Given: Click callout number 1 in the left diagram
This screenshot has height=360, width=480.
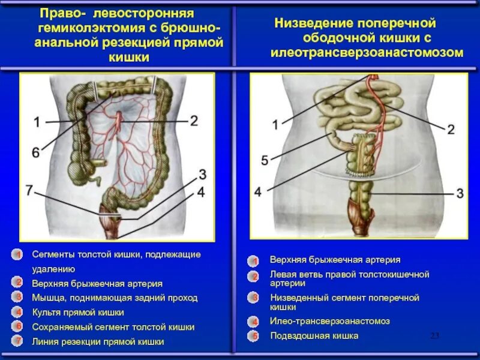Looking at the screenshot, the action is tap(37, 122).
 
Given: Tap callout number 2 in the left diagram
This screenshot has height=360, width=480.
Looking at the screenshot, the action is tap(194, 121).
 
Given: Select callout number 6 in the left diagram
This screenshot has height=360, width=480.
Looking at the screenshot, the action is tap(35, 153).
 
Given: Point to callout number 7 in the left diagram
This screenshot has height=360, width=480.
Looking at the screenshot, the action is tap(29, 190).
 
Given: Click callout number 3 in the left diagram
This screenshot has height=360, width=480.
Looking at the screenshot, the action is tap(202, 175).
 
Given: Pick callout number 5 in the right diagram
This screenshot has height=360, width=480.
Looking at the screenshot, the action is tap(265, 160).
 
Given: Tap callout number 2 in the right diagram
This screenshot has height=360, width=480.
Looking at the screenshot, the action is tap(451, 128).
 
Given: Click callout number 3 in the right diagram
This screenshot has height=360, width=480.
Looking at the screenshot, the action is tap(460, 193).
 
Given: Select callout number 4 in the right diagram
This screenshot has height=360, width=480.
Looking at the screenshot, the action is tap(257, 192).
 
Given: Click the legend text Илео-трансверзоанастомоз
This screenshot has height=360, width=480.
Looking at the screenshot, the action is tap(329, 321).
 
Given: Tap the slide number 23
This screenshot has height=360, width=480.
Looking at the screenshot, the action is tap(435, 335).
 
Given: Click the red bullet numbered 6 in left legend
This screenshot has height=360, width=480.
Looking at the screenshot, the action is tap(19, 327).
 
